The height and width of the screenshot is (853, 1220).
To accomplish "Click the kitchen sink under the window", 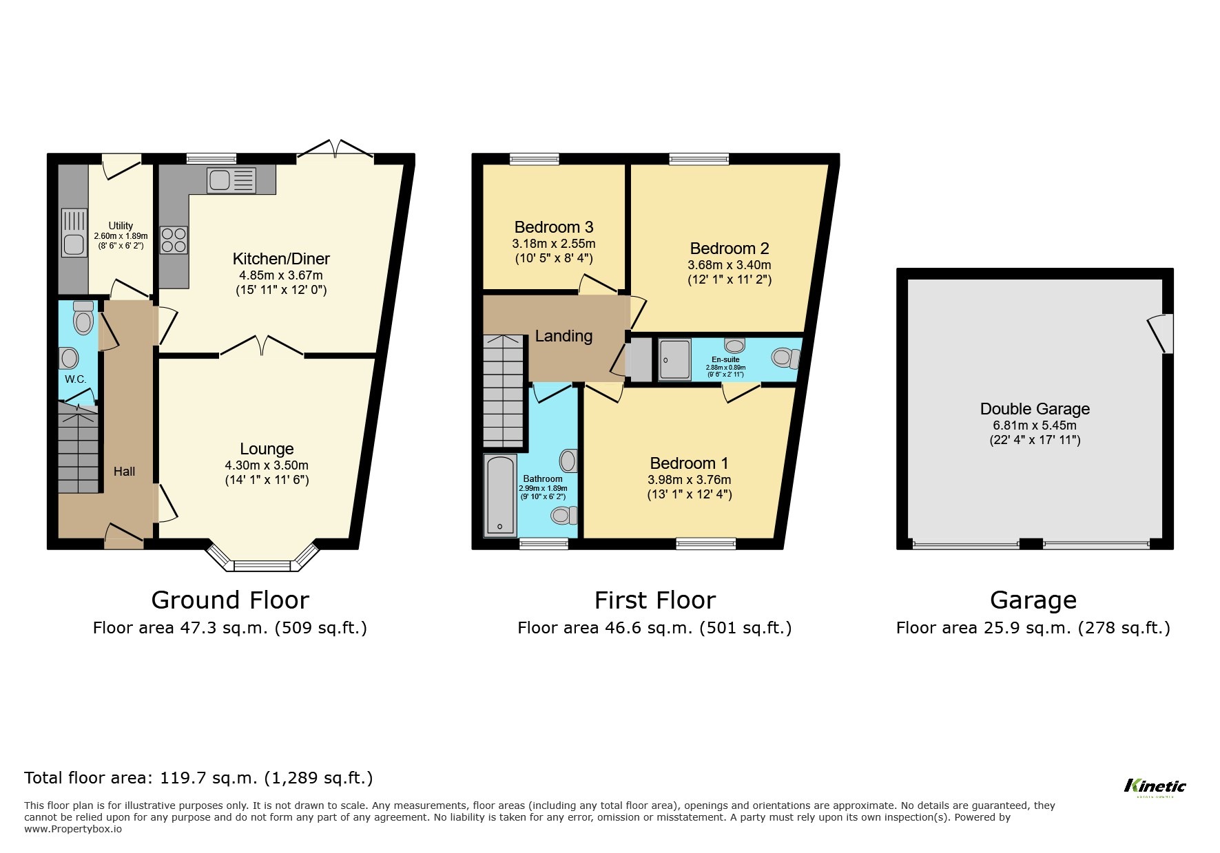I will click(x=231, y=180).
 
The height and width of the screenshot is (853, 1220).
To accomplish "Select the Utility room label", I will click(x=121, y=226).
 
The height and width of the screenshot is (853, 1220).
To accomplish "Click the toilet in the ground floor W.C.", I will click(x=83, y=319).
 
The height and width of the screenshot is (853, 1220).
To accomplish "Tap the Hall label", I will click(x=124, y=472).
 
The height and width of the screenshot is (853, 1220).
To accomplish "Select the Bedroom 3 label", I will click(x=554, y=227).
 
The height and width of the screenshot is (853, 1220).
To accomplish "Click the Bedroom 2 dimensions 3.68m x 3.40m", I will click(x=729, y=265).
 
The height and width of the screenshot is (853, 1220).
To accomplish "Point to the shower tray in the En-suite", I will click(x=674, y=359).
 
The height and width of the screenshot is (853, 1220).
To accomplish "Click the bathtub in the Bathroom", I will click(x=500, y=495).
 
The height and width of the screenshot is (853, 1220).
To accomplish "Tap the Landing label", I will click(x=564, y=336).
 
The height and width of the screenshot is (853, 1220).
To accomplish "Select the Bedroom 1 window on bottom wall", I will click(x=705, y=544).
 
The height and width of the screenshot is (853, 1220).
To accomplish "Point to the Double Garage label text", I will click(x=1035, y=409).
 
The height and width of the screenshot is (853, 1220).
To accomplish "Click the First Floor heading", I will click(x=654, y=600).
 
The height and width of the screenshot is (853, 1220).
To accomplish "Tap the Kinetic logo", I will click(x=1155, y=786).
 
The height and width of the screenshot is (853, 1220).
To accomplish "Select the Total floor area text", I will click(x=198, y=778).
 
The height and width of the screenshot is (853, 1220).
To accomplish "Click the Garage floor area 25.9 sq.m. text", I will click(x=1033, y=628).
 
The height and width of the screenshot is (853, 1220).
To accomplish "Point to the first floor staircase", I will click(x=503, y=391).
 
